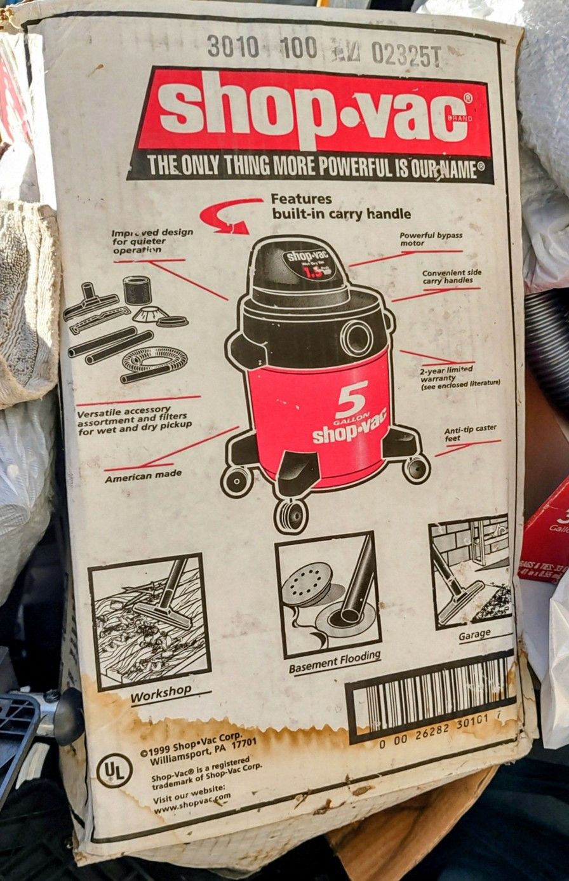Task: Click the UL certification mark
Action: coord(114,770)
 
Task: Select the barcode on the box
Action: coord(432,695)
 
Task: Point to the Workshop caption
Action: coord(161,696)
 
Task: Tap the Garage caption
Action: coord(474,634)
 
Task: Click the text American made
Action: coord(143,474)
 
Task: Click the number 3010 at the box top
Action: coord(232,46)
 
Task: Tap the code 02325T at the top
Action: coord(405,55)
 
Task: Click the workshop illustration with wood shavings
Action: coord(149,623)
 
